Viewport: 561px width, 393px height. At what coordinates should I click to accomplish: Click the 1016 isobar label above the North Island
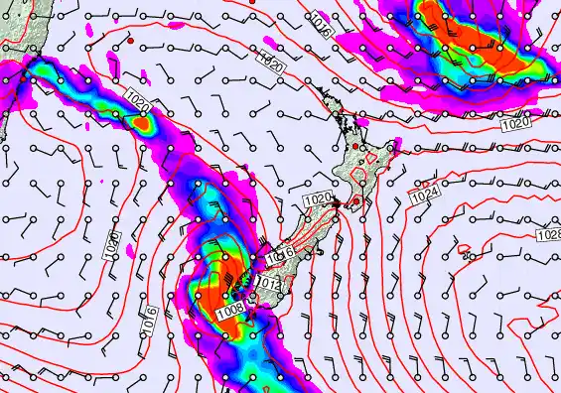click(x=320, y=20)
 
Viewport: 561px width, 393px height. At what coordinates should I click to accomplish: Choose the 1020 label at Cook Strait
click(x=317, y=200)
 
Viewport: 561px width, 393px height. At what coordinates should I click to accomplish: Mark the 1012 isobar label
click(x=266, y=284)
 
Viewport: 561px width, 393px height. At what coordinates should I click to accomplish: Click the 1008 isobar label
click(x=229, y=309)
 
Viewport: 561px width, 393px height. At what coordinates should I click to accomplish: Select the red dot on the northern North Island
click(x=354, y=147)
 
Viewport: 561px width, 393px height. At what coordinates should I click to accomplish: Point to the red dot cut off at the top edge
click(x=251, y=2)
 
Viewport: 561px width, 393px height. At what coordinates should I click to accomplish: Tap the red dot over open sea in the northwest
click(x=131, y=44)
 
